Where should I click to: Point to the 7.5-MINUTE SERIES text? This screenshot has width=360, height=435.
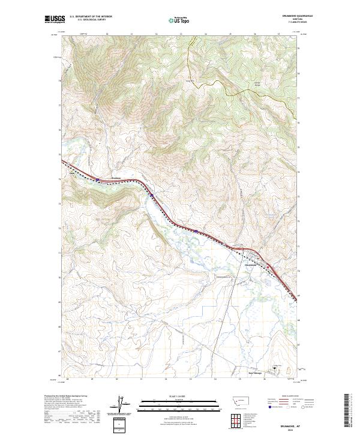pyautogui.click(x=304, y=23)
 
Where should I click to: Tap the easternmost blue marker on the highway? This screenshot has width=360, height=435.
pyautogui.click(x=196, y=230)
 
